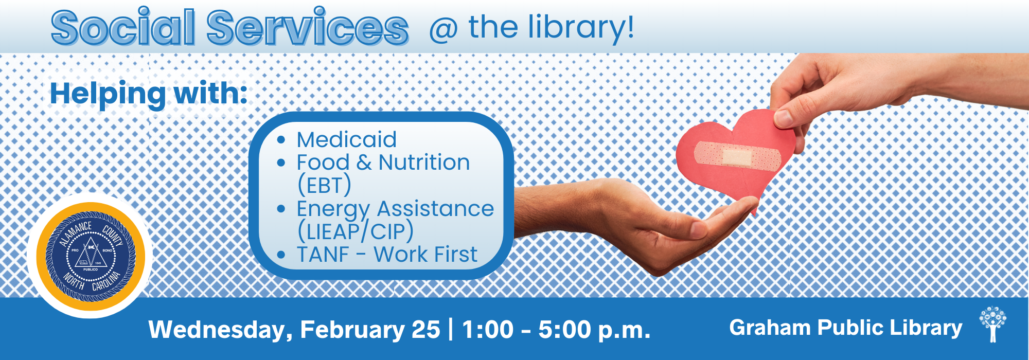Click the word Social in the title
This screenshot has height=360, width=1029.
(123, 27)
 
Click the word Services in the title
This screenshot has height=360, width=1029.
(308, 27)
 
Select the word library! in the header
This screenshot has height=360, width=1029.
(581, 28)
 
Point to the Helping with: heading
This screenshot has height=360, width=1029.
(149, 93)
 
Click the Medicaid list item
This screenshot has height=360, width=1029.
(346, 139)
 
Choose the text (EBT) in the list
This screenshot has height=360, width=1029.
(324, 185)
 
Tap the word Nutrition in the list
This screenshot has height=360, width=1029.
(424, 163)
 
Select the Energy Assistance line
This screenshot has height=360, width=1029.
(395, 209)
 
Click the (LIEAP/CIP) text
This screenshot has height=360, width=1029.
(356, 231)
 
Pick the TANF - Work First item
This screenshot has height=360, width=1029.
(387, 254)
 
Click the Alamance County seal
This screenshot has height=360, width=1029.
(91, 256)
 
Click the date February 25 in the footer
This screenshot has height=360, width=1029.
(370, 330)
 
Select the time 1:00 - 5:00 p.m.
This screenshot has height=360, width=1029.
(556, 330)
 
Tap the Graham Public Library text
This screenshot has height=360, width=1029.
(845, 328)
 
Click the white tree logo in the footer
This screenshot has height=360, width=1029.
(993, 324)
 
